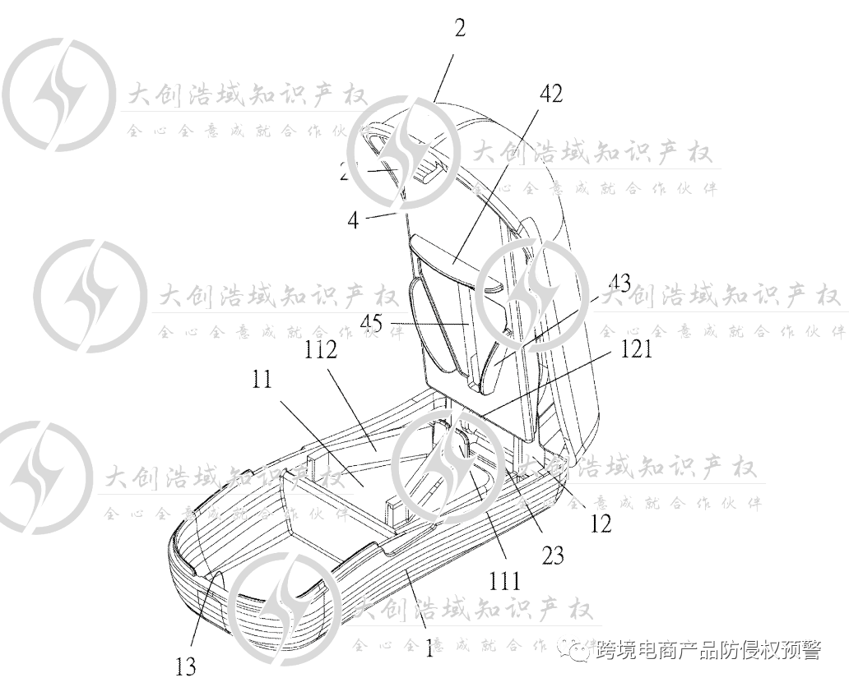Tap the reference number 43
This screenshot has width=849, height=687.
616,285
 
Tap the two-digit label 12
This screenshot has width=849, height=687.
601,523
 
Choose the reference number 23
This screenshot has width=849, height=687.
553,556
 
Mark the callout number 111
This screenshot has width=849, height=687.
503,582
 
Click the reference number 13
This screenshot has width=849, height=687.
186,665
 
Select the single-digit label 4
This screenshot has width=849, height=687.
352,221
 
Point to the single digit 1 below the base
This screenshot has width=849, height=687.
428,650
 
